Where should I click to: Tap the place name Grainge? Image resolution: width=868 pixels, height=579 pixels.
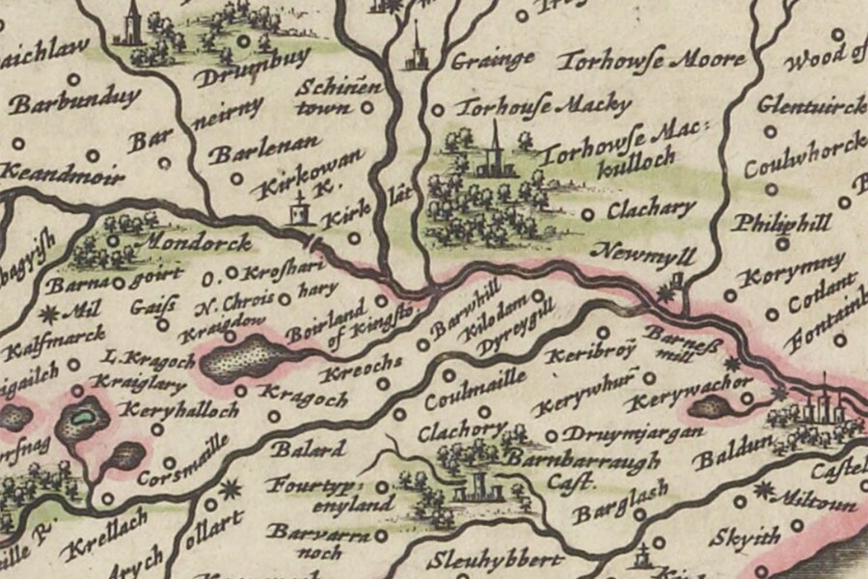(x=493, y=60)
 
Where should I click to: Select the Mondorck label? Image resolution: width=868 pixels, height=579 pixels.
(x=199, y=241)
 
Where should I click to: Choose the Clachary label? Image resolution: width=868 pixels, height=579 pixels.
(x=651, y=208)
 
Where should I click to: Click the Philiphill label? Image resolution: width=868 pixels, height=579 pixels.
(x=780, y=223)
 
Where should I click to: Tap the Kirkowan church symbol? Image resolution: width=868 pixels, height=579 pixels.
(x=302, y=209)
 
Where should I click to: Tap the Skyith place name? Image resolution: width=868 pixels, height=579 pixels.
(x=742, y=537)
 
